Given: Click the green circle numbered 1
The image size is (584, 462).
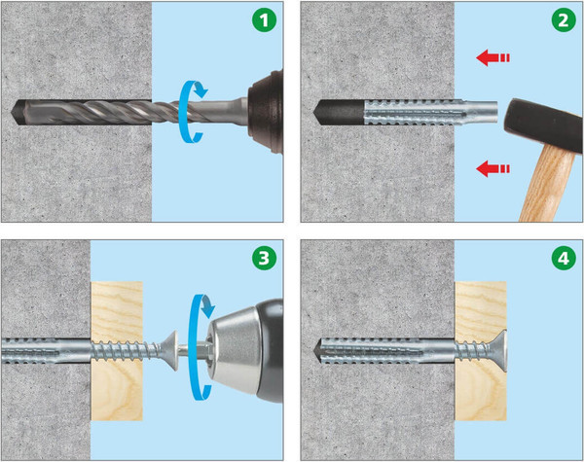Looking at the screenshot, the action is (264, 19).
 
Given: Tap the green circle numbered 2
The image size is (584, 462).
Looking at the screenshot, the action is (564, 19).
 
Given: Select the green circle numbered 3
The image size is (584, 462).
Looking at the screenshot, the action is (264, 258).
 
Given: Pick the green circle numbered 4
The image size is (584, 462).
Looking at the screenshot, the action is (564, 258).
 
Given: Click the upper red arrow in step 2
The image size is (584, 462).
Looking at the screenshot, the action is (493, 58).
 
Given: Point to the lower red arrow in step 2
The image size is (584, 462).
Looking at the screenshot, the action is (493, 168).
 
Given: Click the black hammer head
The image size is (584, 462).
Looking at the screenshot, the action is (544, 124).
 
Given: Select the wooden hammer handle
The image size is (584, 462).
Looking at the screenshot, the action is (546, 184).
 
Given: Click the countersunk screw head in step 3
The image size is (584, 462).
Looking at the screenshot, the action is (171, 350).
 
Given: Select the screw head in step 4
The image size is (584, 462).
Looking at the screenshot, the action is (499, 351).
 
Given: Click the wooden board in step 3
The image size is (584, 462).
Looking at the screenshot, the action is (117, 351).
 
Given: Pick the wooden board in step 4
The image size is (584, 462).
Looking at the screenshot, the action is (481, 351).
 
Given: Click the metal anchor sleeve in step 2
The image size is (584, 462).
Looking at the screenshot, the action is (430, 112).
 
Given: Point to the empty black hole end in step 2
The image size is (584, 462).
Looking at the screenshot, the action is (338, 112).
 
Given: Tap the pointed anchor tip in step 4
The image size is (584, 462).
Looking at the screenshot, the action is (316, 351).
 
